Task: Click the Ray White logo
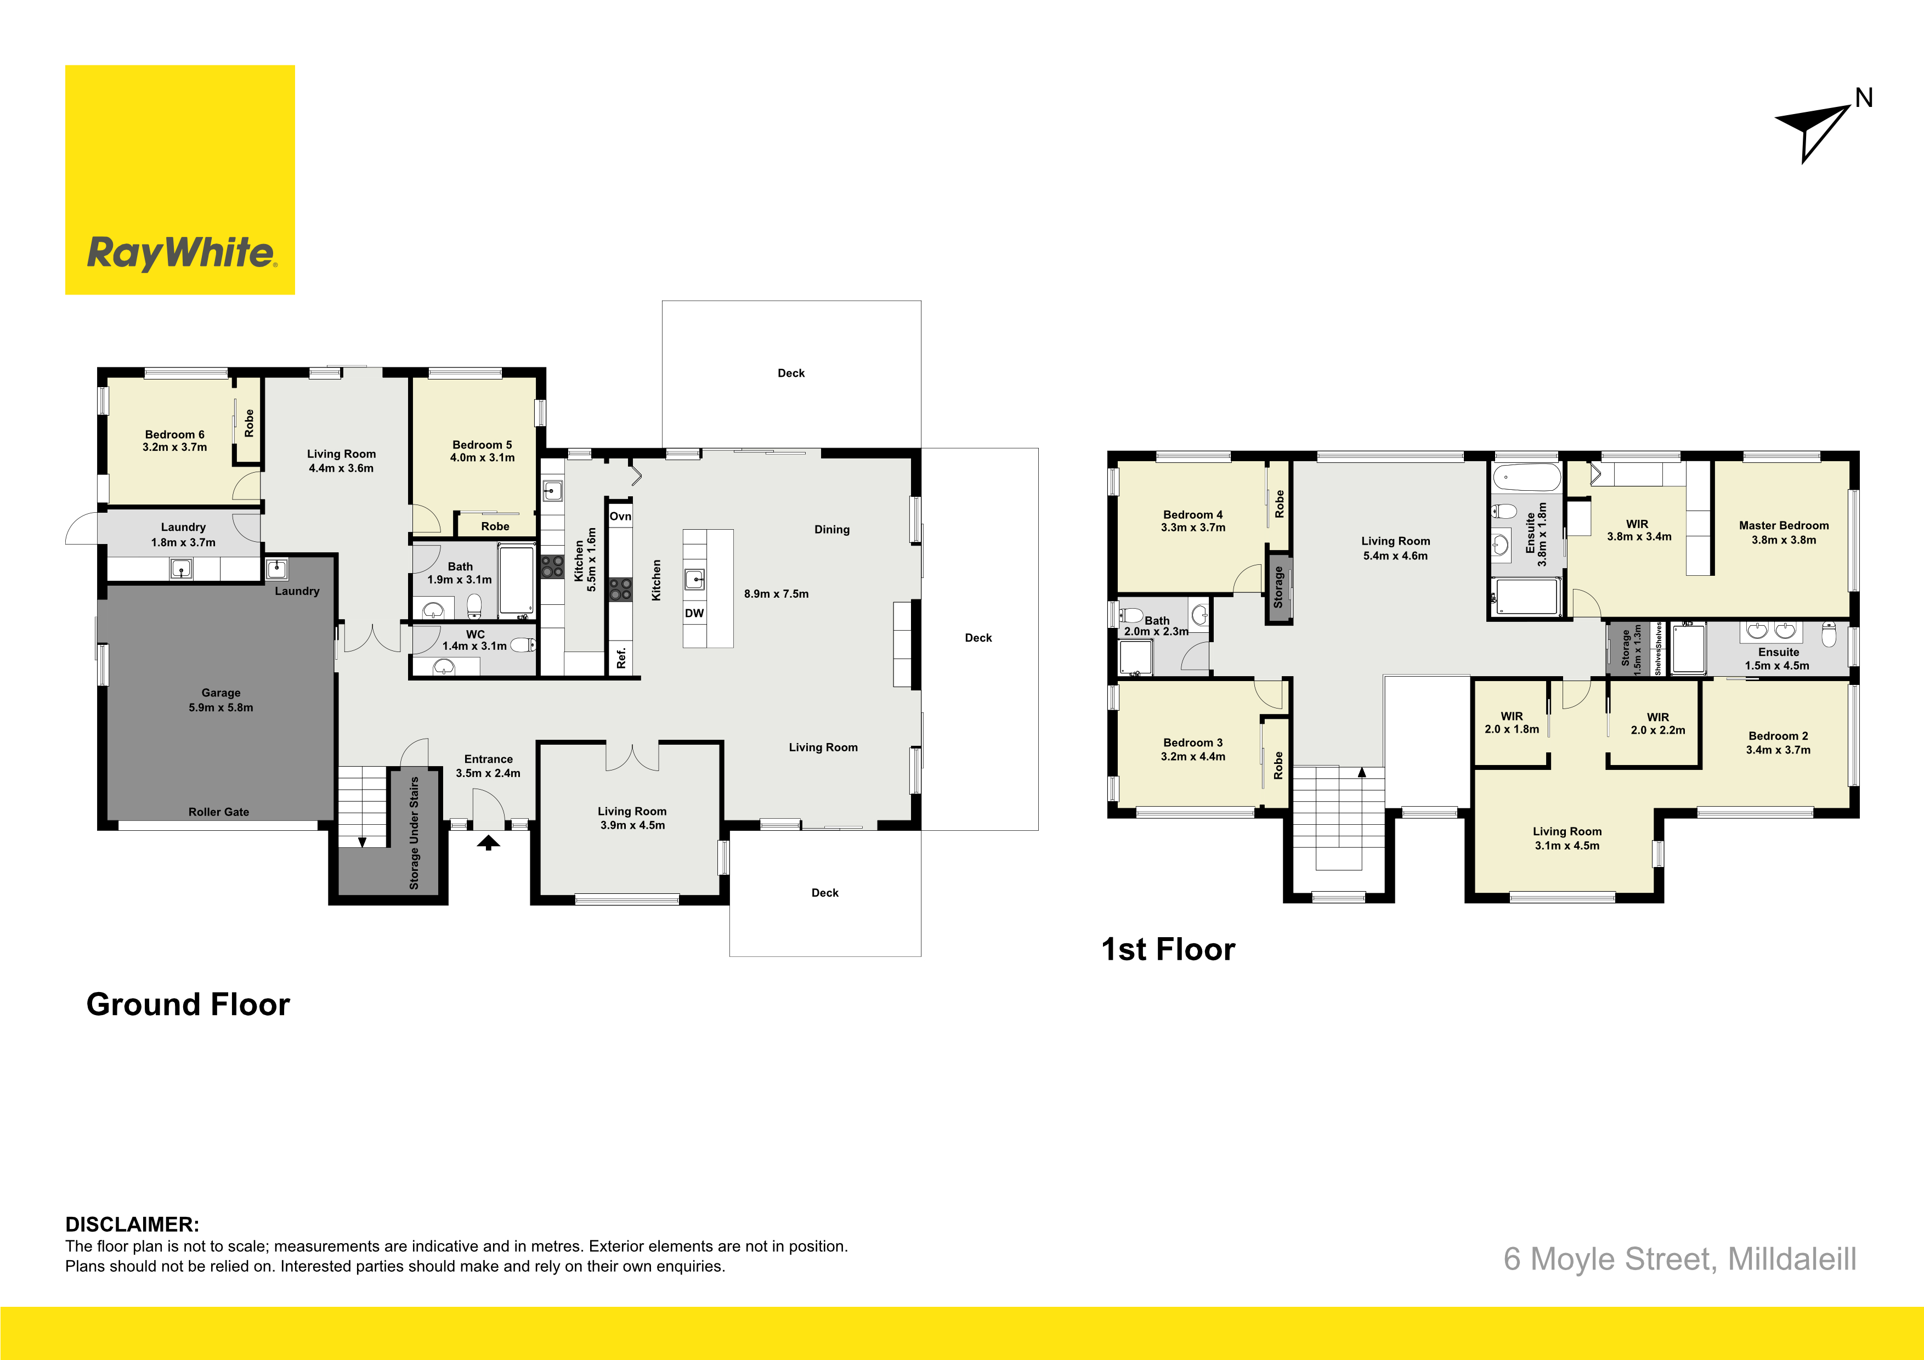[180, 180]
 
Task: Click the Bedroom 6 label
[174, 434]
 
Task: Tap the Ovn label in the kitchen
[620, 516]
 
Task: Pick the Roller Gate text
[219, 812]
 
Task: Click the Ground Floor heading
[189, 1005]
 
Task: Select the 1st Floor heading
[1168, 949]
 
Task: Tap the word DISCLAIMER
[132, 1224]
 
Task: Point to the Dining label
[832, 530]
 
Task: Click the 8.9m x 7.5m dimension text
[777, 594]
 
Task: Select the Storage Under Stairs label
[414, 833]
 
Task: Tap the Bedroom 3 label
[1193, 743]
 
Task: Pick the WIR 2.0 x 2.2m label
[1657, 724]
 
